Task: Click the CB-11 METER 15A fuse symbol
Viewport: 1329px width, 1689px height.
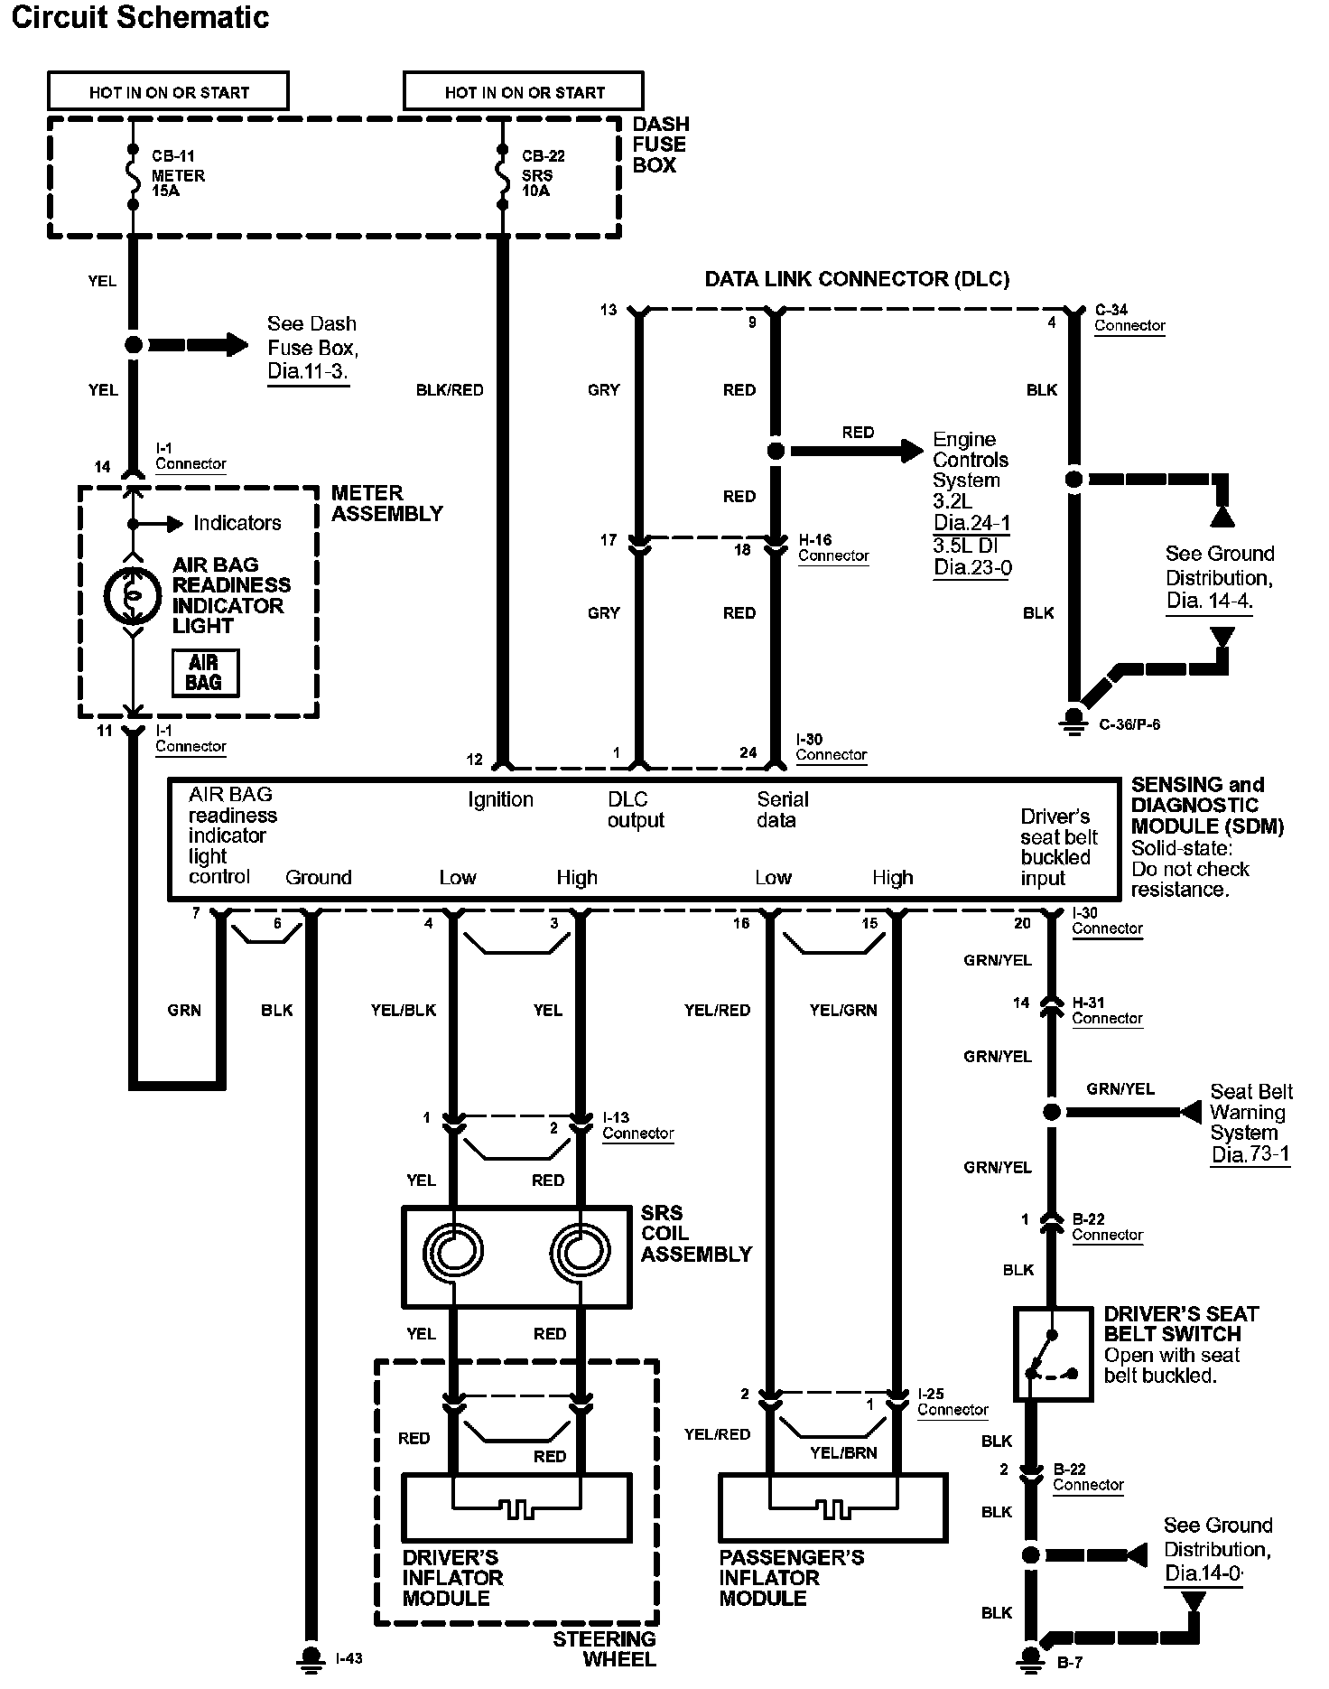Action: (x=134, y=177)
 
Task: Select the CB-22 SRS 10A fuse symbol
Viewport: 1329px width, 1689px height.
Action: (x=502, y=177)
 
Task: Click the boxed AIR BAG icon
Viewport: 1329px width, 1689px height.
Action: (x=205, y=673)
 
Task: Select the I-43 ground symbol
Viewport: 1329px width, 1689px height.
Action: (x=311, y=1658)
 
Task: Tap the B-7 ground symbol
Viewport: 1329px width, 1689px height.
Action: (x=1030, y=1658)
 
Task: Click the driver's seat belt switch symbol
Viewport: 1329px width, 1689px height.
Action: (x=1052, y=1354)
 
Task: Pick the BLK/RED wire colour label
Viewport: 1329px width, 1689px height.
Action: (x=450, y=390)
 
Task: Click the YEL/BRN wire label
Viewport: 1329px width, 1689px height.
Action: (x=843, y=1452)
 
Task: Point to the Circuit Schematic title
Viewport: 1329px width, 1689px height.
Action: (x=140, y=18)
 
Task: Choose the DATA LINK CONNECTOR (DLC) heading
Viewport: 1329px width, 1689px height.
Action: (x=857, y=279)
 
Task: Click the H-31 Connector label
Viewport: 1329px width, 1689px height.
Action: (x=1107, y=1010)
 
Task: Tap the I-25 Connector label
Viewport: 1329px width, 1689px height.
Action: (x=953, y=1401)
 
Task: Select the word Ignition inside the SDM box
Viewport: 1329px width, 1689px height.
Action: (x=500, y=799)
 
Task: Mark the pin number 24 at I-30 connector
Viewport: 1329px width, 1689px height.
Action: (x=748, y=752)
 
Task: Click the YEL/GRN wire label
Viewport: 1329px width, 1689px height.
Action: (x=843, y=1010)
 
